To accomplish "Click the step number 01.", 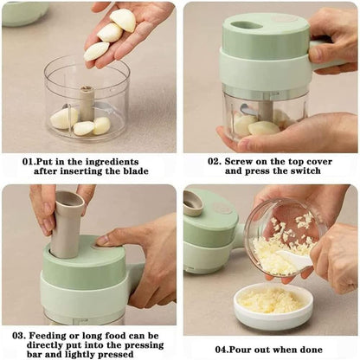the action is (29, 162).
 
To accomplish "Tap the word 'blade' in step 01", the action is (136, 171).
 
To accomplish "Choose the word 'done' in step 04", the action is (311, 350).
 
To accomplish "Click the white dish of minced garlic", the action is (273, 305).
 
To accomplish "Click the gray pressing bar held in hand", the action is (67, 223).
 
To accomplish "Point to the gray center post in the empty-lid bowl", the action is (87, 103).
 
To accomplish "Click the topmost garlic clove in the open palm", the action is (123, 19).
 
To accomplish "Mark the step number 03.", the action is (19, 336).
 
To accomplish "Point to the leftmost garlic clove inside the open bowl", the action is (64, 118).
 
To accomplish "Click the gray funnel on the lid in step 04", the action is (192, 202).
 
